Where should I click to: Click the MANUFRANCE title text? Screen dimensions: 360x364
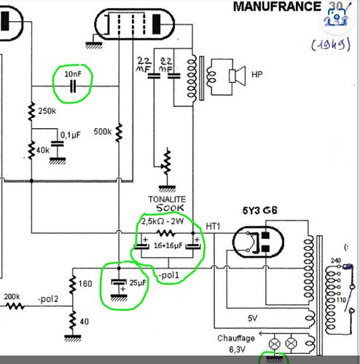tap(277, 7)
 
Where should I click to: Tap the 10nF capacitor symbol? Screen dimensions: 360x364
tap(73, 87)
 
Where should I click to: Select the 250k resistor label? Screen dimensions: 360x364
tap(47, 111)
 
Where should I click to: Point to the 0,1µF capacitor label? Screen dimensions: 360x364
tap(71, 135)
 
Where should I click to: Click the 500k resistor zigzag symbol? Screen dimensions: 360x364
tap(119, 132)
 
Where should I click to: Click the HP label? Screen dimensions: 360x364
tap(257, 74)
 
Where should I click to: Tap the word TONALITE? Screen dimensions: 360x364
tap(167, 199)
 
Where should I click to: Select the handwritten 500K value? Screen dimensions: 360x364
tap(170, 208)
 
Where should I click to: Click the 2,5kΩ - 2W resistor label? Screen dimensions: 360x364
tap(163, 221)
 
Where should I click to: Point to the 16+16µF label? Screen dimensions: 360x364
tap(168, 245)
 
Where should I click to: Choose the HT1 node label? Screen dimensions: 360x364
tap(213, 226)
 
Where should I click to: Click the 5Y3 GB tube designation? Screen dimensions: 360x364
tap(259, 210)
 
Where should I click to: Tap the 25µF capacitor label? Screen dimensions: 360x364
tap(138, 282)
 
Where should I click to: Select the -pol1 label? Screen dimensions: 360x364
tap(168, 275)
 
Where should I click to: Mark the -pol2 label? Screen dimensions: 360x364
tap(48, 299)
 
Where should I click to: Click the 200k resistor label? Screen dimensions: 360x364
tap(12, 296)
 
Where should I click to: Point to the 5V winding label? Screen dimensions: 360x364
tap(252, 318)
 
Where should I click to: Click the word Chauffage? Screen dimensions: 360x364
tap(236, 338)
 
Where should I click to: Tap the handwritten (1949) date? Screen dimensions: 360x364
tap(331, 45)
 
